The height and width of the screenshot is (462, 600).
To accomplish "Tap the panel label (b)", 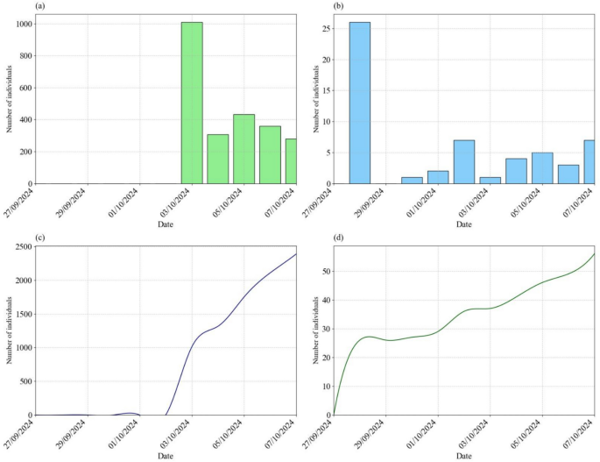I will (340, 6).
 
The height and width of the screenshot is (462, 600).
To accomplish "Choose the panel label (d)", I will (340, 239).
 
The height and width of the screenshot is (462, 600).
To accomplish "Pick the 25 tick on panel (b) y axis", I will (325, 29).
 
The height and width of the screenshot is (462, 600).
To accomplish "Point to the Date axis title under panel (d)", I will (464, 457).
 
